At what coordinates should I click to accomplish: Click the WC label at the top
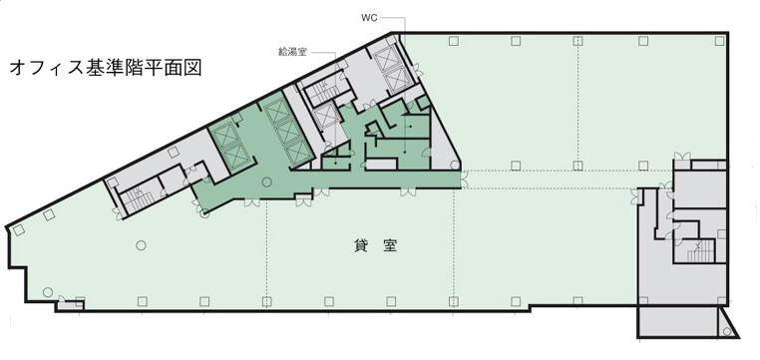point(369,18)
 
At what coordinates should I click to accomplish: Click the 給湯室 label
point(292,52)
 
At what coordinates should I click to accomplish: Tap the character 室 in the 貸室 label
point(390,246)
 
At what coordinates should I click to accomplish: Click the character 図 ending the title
point(192,69)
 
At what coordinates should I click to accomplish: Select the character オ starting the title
point(19,69)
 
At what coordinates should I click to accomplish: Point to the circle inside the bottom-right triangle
point(726,332)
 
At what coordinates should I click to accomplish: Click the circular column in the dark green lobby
point(266,182)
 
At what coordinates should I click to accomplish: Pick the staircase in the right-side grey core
point(701,250)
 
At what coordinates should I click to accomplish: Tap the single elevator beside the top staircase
point(325,117)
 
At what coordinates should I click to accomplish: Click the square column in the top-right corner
point(719,41)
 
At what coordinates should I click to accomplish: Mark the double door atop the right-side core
point(682,156)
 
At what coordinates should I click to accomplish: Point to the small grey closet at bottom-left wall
point(70,306)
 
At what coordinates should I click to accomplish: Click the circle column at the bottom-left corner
point(48,292)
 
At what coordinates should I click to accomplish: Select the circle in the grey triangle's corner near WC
point(455,165)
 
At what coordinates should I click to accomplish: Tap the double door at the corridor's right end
point(465,179)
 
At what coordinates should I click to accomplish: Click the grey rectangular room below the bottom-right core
point(678,322)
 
